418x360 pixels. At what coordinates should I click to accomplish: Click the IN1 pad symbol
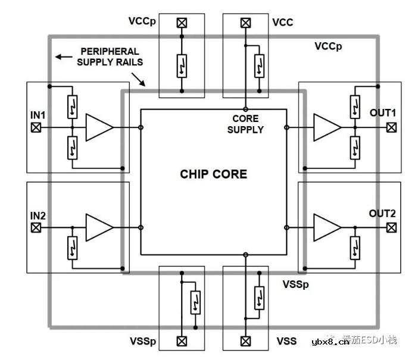pos(36,127)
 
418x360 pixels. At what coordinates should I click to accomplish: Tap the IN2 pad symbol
pos(36,227)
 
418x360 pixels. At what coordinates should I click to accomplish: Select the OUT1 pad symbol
pos(391,127)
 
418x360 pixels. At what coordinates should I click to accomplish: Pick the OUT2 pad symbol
pos(391,227)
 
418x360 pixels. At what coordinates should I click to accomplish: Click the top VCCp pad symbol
pos(182,23)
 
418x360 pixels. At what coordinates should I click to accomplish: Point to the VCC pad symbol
pos(245,23)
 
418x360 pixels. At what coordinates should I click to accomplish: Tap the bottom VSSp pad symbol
pos(182,341)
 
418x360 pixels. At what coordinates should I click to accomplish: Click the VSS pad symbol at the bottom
pos(245,341)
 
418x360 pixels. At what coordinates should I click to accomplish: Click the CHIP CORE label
pos(213,174)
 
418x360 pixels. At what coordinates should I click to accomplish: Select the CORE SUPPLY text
pos(245,124)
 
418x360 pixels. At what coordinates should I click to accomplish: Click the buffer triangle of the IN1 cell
pos(98,127)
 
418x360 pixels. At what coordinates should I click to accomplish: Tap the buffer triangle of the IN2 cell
pos(98,227)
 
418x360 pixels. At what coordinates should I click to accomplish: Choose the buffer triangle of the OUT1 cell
pos(327,127)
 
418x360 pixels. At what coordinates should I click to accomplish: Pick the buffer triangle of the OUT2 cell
pos(327,227)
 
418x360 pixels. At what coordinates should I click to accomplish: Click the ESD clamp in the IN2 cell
pos(72,246)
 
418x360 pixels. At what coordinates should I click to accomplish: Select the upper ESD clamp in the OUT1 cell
pos(355,106)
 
